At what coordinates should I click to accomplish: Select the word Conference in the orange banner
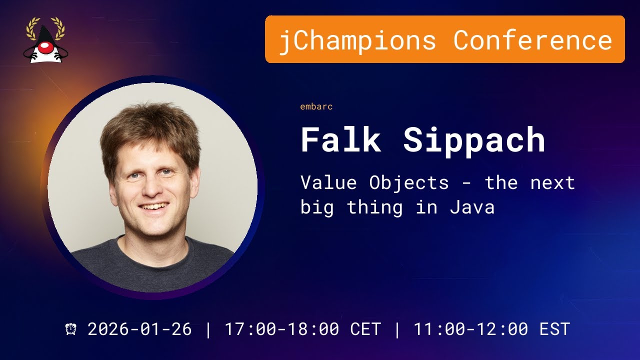[x=532, y=40]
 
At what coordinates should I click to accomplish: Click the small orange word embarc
[x=316, y=106]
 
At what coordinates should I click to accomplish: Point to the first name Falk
[x=340, y=140]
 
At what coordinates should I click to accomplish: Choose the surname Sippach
[x=474, y=140]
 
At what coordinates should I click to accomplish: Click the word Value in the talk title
[x=328, y=183]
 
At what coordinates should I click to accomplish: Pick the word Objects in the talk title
[x=408, y=183]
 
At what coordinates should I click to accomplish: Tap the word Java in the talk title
[x=472, y=207]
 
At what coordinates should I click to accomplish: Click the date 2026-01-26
[x=139, y=329]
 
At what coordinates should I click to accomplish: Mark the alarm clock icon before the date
[x=71, y=329]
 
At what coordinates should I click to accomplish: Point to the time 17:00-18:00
[x=281, y=329]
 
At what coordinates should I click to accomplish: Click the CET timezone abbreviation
[x=365, y=329]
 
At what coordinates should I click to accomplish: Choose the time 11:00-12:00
[x=470, y=329]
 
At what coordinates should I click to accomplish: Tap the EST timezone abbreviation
[x=554, y=329]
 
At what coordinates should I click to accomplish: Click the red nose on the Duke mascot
[x=45, y=47]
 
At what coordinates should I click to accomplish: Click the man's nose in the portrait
[x=151, y=186]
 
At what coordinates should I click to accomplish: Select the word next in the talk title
[x=552, y=183]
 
